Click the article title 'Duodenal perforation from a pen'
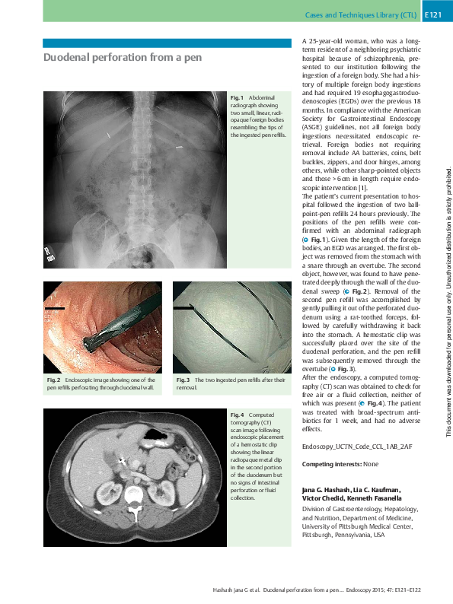pos(123,58)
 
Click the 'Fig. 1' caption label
pos(236,97)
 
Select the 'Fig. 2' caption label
pos(52,379)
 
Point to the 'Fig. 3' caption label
pos(182,379)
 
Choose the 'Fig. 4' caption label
pos(237,414)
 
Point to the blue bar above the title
pos(167,43)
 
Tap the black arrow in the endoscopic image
pos(56,308)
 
